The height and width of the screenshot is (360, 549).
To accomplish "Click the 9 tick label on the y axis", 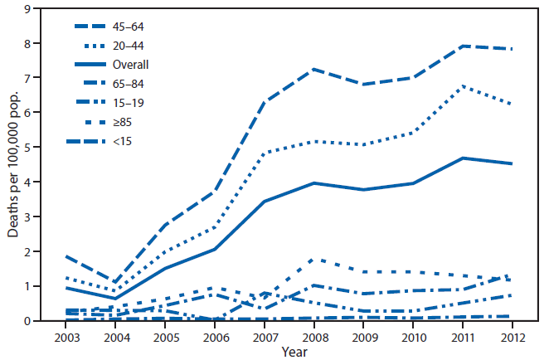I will pyautogui.click(x=28, y=8).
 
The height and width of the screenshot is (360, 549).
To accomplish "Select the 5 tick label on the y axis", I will pyautogui.click(x=28, y=148).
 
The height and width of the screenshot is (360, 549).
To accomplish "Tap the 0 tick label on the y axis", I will pyautogui.click(x=28, y=321).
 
